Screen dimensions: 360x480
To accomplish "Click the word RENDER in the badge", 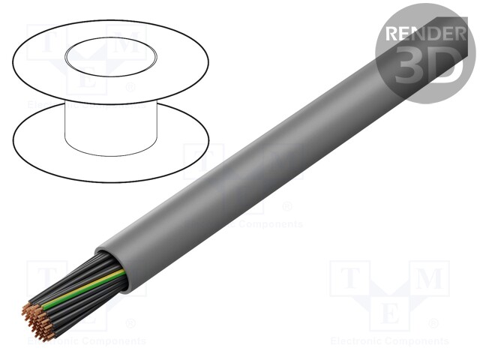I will [x=424, y=34].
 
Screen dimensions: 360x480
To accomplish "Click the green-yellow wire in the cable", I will [x=82, y=289].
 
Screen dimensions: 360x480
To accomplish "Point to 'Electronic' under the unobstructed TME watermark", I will [x=356, y=341].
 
